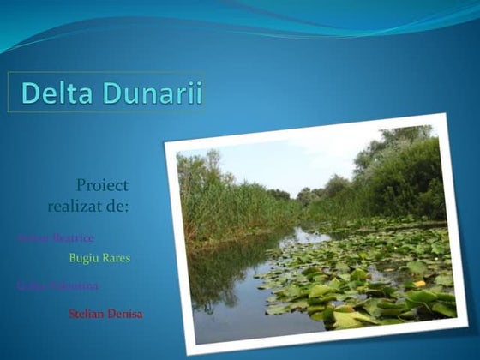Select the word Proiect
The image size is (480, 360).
point(102,185)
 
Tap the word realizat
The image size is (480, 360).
point(79,207)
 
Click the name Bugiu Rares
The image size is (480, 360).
point(99,257)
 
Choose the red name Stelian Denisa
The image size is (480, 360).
point(105,314)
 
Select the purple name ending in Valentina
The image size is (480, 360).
point(57,285)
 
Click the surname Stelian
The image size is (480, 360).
point(87,314)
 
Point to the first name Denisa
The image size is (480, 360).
point(126,314)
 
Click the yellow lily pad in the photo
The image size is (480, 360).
point(420,284)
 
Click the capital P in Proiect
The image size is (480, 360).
point(81,185)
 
